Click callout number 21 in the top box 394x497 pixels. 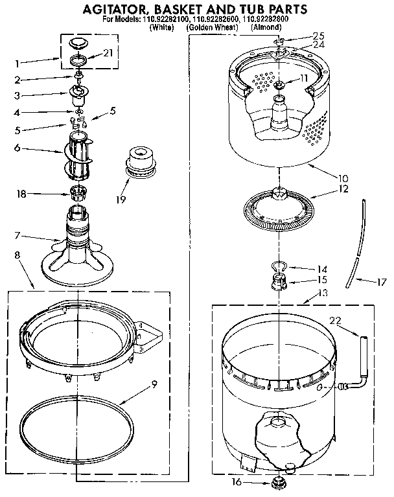(x=108, y=52)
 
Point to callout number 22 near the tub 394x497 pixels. (x=334, y=319)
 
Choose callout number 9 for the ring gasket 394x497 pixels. (x=154, y=384)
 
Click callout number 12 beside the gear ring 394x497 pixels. (x=343, y=189)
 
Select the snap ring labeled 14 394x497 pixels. (x=277, y=265)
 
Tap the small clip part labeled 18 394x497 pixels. (x=78, y=192)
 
